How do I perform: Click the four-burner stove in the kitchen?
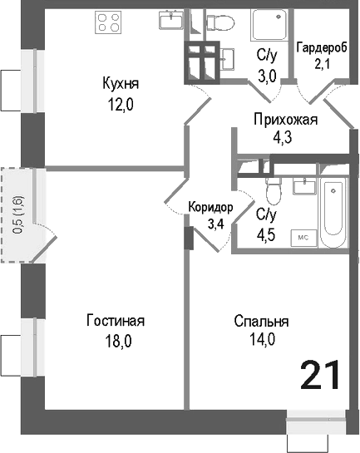click(x=110, y=20)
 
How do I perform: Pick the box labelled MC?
click(x=303, y=237)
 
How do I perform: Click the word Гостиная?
click(x=116, y=321)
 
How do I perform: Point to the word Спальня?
click(x=261, y=321)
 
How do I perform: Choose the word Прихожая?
click(x=285, y=121)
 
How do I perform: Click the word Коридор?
click(x=210, y=208)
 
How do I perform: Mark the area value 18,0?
click(x=116, y=340)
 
